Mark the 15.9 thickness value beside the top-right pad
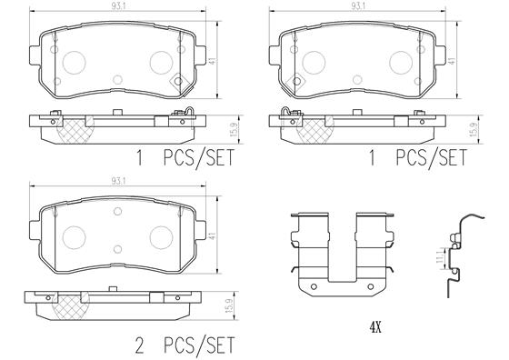click(x=473, y=130)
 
